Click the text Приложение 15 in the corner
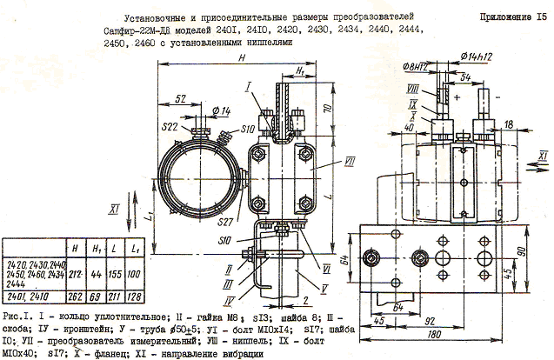[x=511, y=17]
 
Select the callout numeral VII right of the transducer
[x=324, y=162]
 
